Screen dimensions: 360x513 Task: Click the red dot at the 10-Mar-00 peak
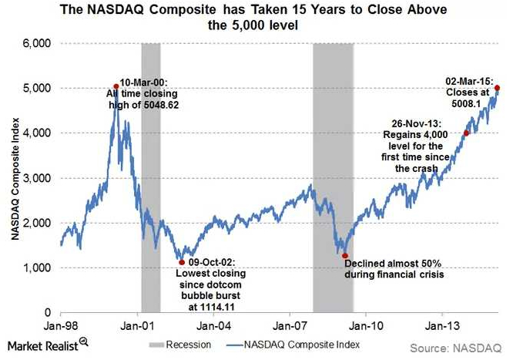[116, 86]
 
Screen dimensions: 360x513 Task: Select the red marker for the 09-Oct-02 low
[182, 262]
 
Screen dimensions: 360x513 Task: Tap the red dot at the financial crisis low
[345, 255]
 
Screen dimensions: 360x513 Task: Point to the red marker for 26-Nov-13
[466, 133]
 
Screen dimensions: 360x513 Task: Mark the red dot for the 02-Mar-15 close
[497, 88]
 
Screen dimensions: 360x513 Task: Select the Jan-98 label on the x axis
[60, 325]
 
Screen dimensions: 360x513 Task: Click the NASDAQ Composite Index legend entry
[300, 345]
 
